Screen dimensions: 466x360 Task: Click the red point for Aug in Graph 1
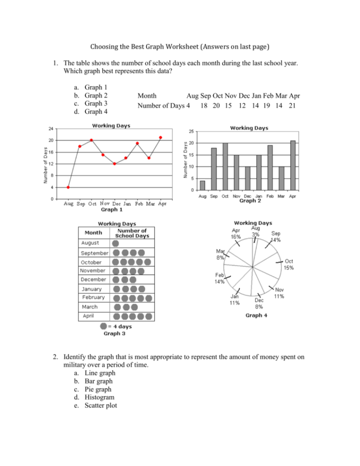coord(68,187)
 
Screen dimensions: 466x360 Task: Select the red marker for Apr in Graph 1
coord(161,137)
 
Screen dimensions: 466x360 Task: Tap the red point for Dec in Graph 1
coord(114,164)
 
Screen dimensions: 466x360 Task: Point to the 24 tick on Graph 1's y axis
coord(50,129)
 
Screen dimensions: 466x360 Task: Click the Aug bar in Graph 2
coord(203,185)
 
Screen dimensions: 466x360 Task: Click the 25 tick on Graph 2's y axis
coord(191,132)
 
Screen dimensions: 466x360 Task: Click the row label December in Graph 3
coord(93,279)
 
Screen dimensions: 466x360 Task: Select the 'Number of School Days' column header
coord(132,233)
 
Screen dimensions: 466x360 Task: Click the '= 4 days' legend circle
coord(103,326)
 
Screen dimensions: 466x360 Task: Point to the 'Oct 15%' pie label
coord(289,264)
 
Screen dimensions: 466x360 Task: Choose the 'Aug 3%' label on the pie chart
coord(255,231)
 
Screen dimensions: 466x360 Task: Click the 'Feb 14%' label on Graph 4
coord(220,279)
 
